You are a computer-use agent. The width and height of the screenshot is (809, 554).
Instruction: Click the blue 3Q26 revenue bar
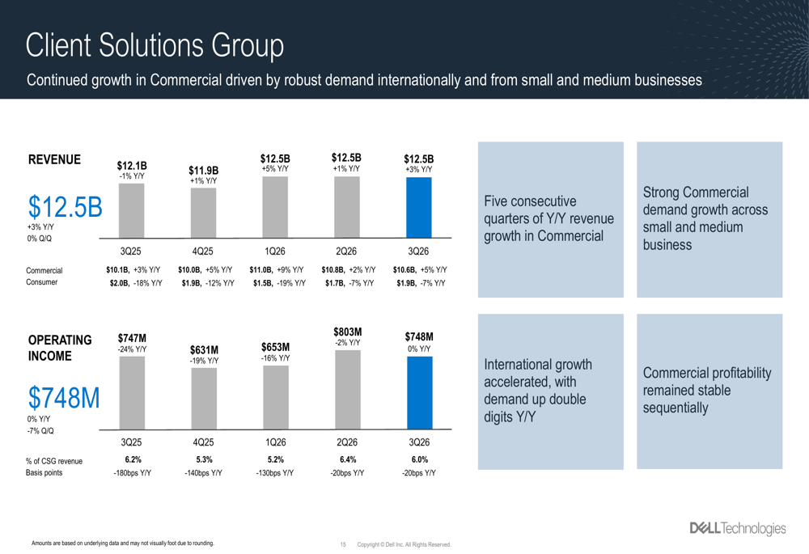point(419,207)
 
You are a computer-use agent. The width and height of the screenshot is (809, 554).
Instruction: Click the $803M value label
point(347,332)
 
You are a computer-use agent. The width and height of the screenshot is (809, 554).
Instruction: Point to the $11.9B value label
point(203,170)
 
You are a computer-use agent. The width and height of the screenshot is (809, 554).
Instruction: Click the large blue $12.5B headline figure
point(65,207)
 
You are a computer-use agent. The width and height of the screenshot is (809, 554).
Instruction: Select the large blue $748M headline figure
point(64,398)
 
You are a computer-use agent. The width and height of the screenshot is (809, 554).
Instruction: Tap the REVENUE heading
point(54,159)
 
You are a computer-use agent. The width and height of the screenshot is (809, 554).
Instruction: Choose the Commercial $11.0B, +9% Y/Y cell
point(276,270)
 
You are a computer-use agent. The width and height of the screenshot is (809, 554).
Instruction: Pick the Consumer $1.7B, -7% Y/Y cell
point(348,283)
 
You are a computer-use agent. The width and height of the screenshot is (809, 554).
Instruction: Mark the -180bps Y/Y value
point(132,473)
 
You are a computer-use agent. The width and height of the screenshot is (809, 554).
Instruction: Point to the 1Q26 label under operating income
point(275,442)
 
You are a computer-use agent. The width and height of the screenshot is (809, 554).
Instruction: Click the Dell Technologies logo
point(736,529)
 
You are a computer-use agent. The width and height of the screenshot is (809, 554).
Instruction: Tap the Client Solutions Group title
point(155,46)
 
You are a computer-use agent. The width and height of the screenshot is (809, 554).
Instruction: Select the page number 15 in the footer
point(344,544)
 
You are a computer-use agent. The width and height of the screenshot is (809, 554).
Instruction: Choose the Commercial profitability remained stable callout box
point(709,391)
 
